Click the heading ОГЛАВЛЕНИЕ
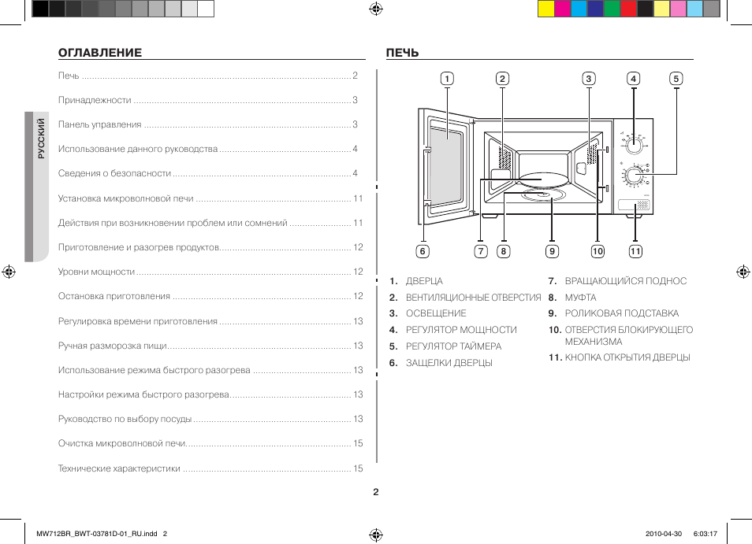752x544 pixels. click(x=100, y=53)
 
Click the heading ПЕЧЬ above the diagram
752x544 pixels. click(x=402, y=53)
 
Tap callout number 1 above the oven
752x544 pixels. click(x=447, y=78)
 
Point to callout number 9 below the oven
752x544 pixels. click(x=552, y=251)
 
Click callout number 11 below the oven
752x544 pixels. click(x=635, y=251)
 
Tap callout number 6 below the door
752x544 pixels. click(x=423, y=251)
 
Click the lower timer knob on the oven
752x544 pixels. click(x=633, y=176)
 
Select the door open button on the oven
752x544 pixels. click(x=635, y=206)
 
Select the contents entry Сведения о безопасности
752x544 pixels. click(x=114, y=173)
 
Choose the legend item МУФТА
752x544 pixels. click(x=580, y=298)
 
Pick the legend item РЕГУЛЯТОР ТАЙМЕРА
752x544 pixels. click(x=453, y=346)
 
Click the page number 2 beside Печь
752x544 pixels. click(x=356, y=76)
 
